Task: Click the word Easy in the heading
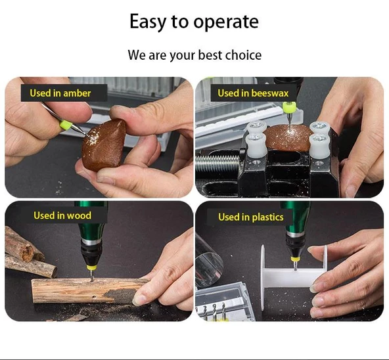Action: pos(148,22)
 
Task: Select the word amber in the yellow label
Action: pos(77,93)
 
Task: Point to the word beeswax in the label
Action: pos(270,93)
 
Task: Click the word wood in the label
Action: pos(79,215)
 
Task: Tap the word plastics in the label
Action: pos(267,217)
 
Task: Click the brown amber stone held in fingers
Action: pos(104,145)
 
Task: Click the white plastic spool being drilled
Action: pos(293,275)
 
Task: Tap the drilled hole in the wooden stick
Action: pos(94,296)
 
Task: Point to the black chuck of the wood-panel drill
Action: pos(91,252)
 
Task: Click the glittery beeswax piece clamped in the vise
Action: pos(288,137)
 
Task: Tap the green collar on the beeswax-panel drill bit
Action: pos(289,106)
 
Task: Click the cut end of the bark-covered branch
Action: pos(27,252)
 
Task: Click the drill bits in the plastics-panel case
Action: pos(214,310)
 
